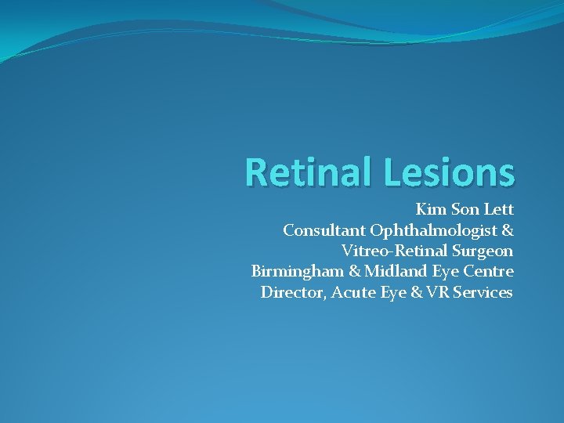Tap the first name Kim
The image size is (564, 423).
[x=429, y=210]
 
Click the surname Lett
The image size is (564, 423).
[x=497, y=210]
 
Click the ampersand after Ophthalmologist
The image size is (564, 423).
[x=507, y=230]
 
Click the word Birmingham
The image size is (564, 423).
[x=293, y=272]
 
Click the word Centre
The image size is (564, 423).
[x=487, y=272]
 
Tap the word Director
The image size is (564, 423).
[x=293, y=293]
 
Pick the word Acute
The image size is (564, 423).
[x=353, y=293]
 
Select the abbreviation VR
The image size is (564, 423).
[x=442, y=293]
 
